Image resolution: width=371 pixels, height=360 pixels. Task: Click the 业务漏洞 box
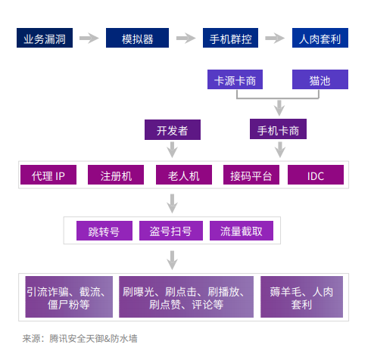pyautogui.click(x=45, y=38)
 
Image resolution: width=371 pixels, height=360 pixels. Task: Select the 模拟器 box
pyautogui.click(x=137, y=38)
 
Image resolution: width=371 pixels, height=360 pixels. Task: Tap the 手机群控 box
pyautogui.click(x=230, y=38)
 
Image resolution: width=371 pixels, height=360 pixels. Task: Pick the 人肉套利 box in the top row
pyautogui.click(x=320, y=38)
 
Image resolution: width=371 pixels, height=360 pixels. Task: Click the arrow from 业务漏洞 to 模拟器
pyautogui.click(x=89, y=38)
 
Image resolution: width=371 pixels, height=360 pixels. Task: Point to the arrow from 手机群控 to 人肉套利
pyautogui.click(x=275, y=38)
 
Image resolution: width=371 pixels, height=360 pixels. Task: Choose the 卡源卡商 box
pyautogui.click(x=235, y=79)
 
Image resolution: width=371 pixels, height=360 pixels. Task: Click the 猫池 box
pyautogui.click(x=320, y=79)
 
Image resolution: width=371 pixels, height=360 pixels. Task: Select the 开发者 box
pyautogui.click(x=173, y=129)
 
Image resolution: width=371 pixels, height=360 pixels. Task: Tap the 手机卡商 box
pyautogui.click(x=278, y=129)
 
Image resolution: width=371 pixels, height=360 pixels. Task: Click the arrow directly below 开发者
pyautogui.click(x=172, y=150)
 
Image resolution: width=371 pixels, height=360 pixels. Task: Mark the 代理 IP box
pyautogui.click(x=48, y=175)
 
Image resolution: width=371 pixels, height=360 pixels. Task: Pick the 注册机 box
pyautogui.click(x=116, y=175)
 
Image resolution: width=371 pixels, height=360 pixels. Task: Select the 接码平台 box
pyautogui.click(x=251, y=175)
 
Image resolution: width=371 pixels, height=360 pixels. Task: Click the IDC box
pyautogui.click(x=316, y=175)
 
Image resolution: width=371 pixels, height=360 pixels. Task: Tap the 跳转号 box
pyautogui.click(x=104, y=231)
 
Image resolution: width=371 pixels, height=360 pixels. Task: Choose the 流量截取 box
pyautogui.click(x=242, y=231)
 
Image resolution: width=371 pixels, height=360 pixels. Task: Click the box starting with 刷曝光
pyautogui.click(x=186, y=296)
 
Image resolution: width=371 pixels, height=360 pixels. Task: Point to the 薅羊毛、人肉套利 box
pyautogui.click(x=301, y=296)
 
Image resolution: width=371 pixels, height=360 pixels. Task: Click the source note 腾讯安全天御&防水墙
pyautogui.click(x=93, y=339)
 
